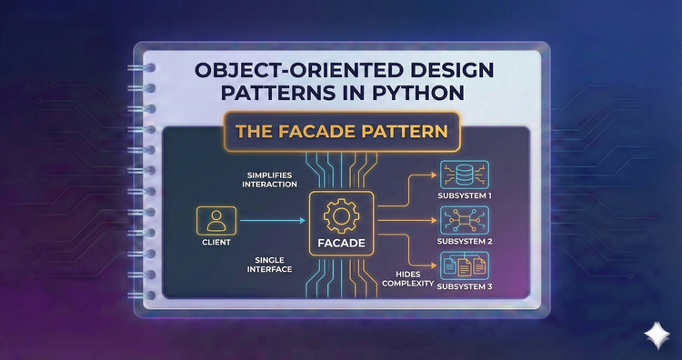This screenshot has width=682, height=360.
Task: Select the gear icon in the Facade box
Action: tap(341, 215)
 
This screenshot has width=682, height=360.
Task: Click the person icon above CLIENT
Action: tap(216, 219)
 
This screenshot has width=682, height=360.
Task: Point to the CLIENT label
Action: tap(216, 243)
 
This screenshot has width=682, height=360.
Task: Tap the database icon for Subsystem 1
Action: tap(464, 175)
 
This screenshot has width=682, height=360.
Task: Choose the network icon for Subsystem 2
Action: tap(464, 218)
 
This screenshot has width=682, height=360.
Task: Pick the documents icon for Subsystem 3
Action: tap(464, 265)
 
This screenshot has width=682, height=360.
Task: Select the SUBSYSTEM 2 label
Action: tap(465, 242)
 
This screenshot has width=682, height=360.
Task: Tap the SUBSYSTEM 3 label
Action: tap(465, 287)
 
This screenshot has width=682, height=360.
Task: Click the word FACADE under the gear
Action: tap(341, 244)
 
